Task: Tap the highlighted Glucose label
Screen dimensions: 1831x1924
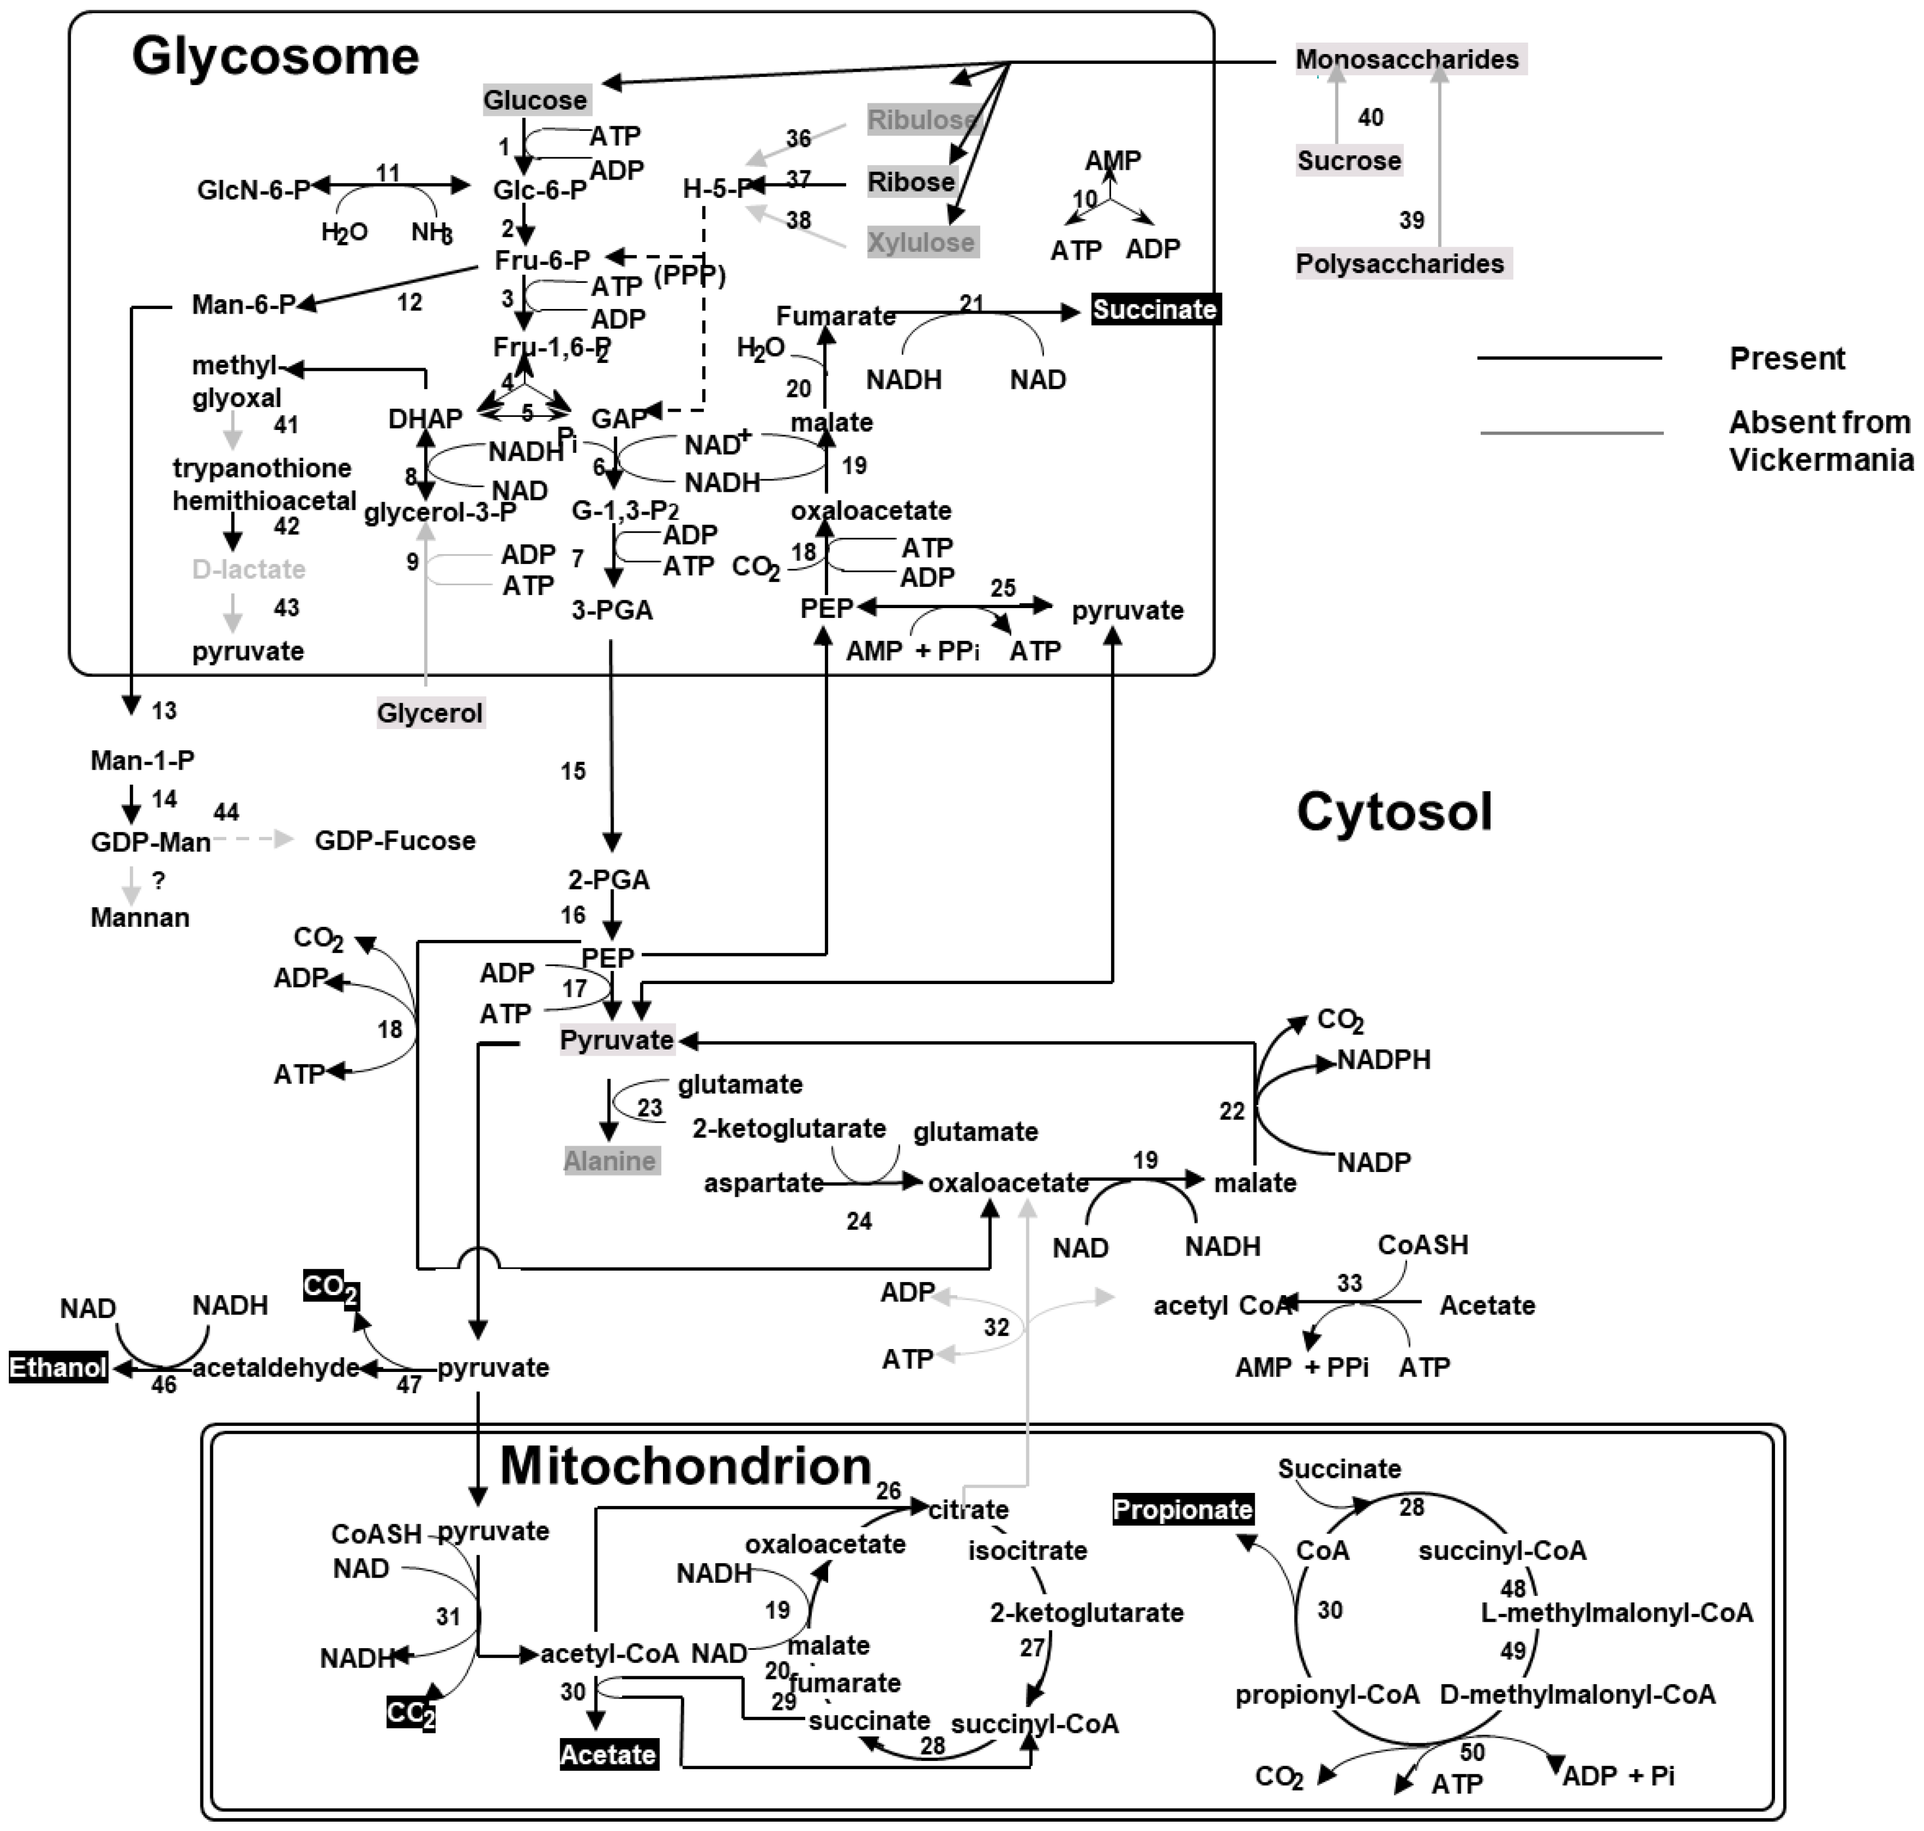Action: coord(536,100)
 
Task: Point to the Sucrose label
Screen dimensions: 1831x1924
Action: coord(1348,161)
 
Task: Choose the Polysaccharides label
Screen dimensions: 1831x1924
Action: coord(1400,263)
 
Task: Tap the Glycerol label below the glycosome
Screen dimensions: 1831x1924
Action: coord(430,713)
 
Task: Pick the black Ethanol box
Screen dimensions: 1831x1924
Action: coord(58,1367)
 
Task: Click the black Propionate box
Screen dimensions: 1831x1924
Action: coord(1183,1510)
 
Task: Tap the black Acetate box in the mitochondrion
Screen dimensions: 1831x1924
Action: coord(608,1755)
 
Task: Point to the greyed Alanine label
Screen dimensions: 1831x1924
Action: coord(610,1161)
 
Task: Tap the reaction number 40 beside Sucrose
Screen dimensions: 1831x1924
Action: coord(1371,118)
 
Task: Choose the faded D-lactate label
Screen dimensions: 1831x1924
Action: coord(249,569)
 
